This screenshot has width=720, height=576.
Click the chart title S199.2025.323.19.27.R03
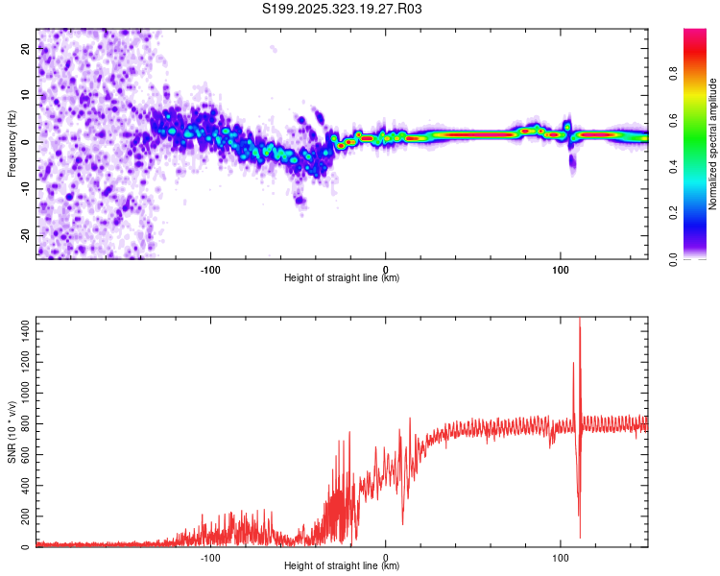[x=343, y=10]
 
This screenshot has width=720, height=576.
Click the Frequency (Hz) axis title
[x=12, y=144]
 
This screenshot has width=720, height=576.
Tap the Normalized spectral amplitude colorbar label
[x=713, y=144]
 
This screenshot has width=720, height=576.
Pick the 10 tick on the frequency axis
[x=26, y=94]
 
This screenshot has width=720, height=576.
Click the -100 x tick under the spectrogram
[x=210, y=269]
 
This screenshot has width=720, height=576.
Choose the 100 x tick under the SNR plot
[x=561, y=557]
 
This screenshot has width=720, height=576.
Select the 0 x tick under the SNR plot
[x=386, y=557]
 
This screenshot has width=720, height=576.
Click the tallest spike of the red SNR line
[x=580, y=321]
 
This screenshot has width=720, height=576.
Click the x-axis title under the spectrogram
[x=342, y=278]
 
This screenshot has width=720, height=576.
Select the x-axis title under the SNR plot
[x=342, y=566]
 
